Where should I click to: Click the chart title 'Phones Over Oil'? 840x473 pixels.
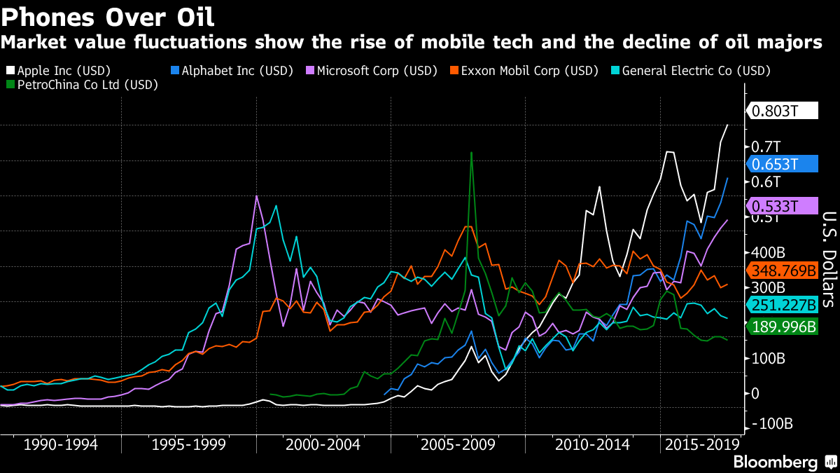pyautogui.click(x=108, y=15)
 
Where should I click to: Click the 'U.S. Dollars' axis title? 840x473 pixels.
pyautogui.click(x=828, y=259)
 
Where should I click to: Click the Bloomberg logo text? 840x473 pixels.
pyautogui.click(x=775, y=462)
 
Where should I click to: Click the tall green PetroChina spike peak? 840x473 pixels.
pyautogui.click(x=471, y=152)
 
